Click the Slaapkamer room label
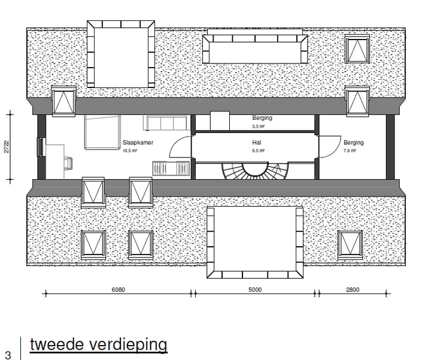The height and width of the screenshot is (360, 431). (138, 143)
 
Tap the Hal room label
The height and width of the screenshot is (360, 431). (257, 143)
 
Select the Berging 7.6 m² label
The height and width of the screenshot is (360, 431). (353, 143)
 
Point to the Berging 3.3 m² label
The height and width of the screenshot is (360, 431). (262, 119)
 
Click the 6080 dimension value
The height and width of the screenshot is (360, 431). (119, 290)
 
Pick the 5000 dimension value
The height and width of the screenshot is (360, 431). (255, 290)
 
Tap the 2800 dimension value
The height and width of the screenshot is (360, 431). (353, 290)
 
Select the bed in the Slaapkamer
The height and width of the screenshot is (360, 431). (101, 133)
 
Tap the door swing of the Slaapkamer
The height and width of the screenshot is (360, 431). (179, 147)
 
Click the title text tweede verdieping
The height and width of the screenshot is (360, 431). (98, 345)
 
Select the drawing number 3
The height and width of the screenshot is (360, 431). (8, 355)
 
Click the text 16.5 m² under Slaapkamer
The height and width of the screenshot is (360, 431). (130, 152)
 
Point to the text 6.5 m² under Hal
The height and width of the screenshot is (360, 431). (257, 152)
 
